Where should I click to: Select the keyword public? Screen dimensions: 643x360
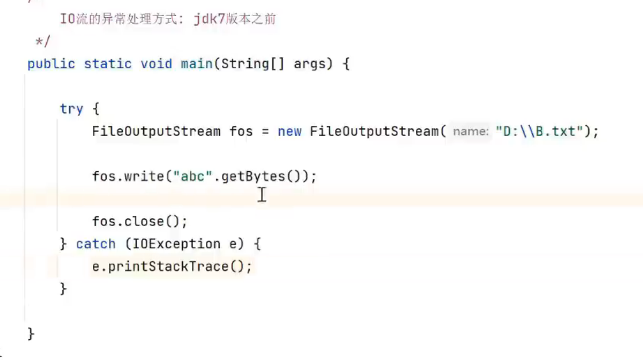pos(51,64)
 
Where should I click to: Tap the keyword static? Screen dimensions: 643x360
pos(108,64)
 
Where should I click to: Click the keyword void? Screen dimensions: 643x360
pos(156,64)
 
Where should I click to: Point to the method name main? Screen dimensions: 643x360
pos(197,64)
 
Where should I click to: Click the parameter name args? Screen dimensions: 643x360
pos(310,64)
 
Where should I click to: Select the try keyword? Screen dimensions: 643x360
pos(72,109)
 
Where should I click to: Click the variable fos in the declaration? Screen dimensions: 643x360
pos(241,132)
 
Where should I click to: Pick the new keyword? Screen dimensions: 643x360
pos(289,132)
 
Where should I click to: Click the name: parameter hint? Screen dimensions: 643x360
pos(471,132)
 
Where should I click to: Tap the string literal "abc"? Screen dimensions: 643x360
pos(193,177)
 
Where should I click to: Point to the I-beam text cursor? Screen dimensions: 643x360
pos(262,194)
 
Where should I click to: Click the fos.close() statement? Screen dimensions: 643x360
pos(140,222)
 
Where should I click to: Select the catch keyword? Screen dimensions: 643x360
pos(96,244)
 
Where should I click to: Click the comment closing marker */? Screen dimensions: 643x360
pos(42,42)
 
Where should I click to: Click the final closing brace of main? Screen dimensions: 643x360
pos(31,333)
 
